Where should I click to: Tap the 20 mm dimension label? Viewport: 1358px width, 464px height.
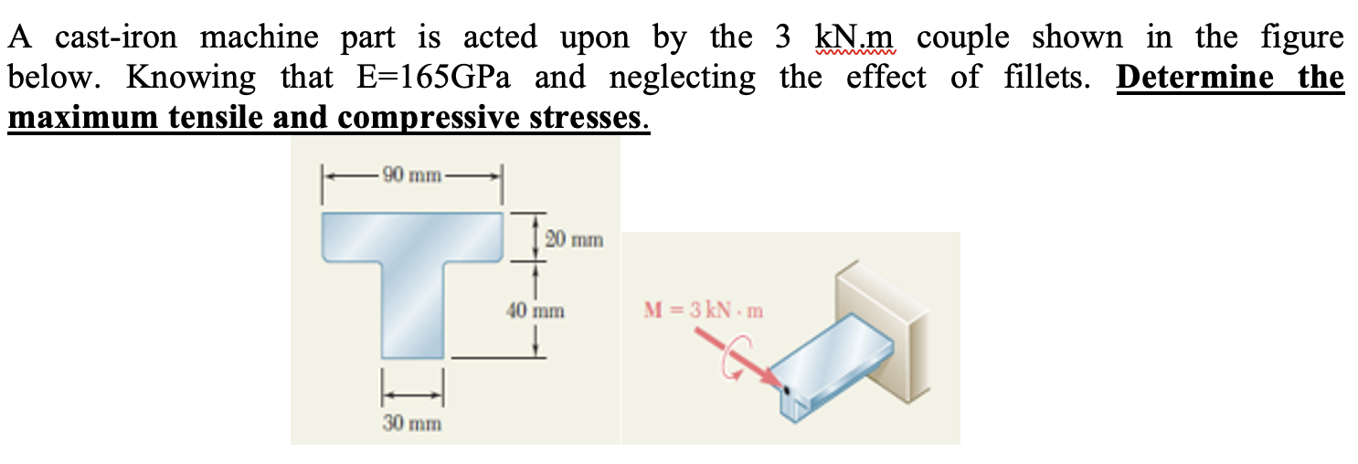[x=573, y=240]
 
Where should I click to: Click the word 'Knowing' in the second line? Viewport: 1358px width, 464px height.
[x=192, y=79]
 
